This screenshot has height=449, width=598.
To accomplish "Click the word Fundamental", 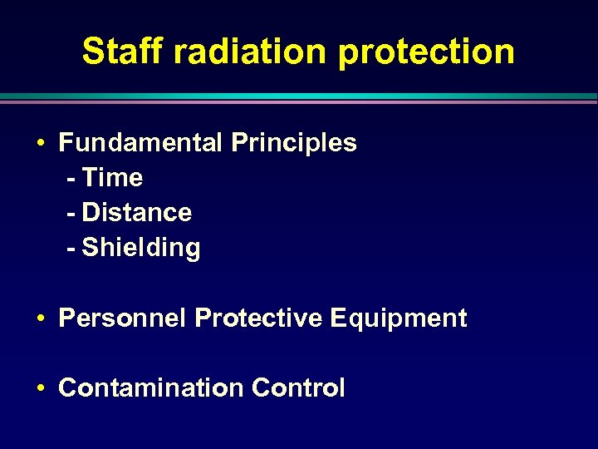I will click(140, 143).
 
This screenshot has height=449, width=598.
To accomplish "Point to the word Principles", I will click(294, 144).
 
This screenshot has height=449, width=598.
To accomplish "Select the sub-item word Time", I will click(113, 178).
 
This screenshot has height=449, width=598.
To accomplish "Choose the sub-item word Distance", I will click(137, 213).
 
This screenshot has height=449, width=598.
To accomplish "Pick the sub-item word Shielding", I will click(141, 249).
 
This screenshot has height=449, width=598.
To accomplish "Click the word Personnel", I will click(123, 318).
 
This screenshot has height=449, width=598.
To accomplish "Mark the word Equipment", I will click(398, 319).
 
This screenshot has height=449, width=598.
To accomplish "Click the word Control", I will click(298, 388).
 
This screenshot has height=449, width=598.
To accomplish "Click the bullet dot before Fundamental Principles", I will click(41, 144).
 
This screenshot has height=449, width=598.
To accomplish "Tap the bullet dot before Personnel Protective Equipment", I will click(41, 319).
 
